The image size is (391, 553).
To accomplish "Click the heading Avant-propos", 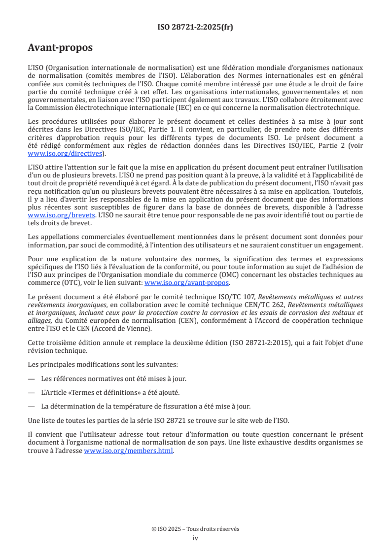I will coord(60,48).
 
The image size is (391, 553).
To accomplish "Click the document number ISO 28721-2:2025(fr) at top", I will coord(195,27).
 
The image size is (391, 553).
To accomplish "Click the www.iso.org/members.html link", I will coord(129,450).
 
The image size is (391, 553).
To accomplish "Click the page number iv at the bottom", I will coord(195,538).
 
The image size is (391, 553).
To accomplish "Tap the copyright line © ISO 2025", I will coord(195,529).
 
